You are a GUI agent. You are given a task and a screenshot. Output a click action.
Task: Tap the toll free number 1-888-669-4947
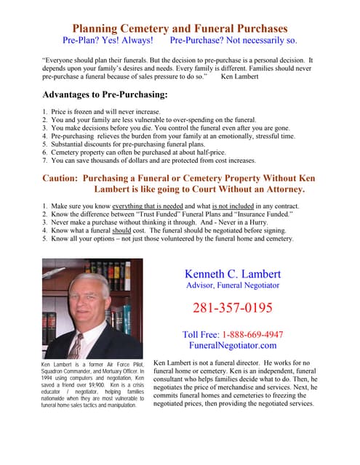point(251,334)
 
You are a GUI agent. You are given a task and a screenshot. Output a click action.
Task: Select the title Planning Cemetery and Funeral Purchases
point(180,28)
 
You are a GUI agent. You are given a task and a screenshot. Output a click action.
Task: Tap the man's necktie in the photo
point(76,341)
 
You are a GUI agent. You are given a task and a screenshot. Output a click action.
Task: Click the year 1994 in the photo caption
point(50,379)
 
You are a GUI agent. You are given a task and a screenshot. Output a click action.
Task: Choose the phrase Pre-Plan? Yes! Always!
point(108,41)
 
